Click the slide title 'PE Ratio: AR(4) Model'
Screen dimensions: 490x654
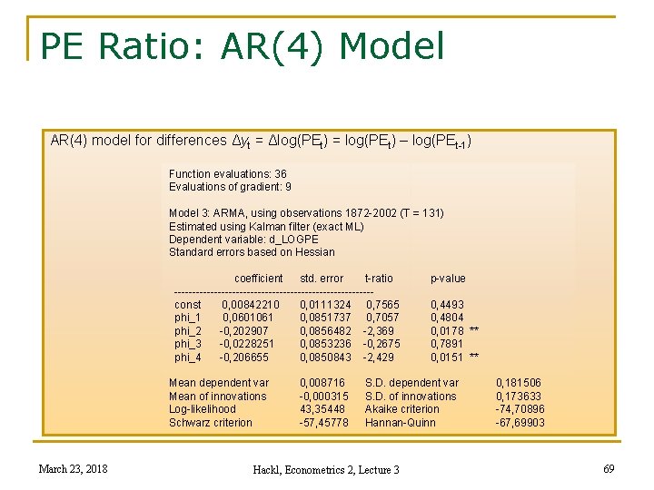click(x=243, y=46)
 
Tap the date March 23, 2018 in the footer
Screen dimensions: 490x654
click(x=73, y=468)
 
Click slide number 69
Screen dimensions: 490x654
click(x=609, y=468)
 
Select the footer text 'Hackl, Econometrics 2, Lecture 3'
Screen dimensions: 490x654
click(x=326, y=469)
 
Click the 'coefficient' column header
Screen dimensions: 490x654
click(x=259, y=279)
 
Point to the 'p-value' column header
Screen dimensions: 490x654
click(x=448, y=279)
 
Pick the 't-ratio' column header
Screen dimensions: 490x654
click(x=379, y=279)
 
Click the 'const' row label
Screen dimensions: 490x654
click(x=188, y=305)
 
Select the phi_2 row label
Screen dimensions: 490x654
click(x=188, y=331)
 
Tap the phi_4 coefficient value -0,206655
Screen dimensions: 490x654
click(x=244, y=358)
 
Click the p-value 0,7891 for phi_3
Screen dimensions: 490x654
click(x=447, y=344)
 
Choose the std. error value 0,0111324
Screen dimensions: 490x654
click(x=325, y=305)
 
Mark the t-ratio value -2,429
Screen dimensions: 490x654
click(x=379, y=358)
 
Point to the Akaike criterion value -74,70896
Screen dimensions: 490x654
click(x=520, y=409)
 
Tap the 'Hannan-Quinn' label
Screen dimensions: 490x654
click(x=401, y=423)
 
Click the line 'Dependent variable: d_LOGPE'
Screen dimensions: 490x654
click(x=243, y=240)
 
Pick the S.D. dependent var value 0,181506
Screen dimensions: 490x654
click(x=519, y=383)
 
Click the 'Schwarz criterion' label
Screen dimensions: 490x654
click(x=211, y=423)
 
